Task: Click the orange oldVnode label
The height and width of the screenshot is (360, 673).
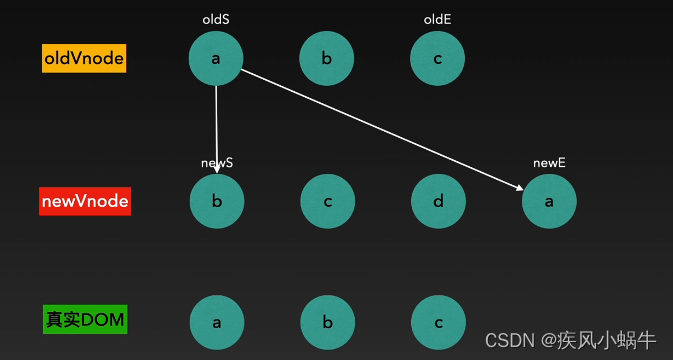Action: [84, 59]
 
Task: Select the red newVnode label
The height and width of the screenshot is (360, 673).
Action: [85, 201]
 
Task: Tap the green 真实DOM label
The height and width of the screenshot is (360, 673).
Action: [85, 320]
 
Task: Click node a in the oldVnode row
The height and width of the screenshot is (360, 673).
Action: [216, 59]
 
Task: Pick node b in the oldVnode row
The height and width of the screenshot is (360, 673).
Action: [327, 59]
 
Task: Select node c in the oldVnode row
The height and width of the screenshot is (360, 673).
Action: [438, 59]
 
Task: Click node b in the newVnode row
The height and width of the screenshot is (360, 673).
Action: [217, 201]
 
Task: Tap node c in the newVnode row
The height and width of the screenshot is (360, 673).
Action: [327, 201]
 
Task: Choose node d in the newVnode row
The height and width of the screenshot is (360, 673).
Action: [438, 201]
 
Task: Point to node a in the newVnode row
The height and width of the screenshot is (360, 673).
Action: [549, 201]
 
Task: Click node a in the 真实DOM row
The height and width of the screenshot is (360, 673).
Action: [217, 323]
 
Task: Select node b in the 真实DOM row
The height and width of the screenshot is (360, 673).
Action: [327, 323]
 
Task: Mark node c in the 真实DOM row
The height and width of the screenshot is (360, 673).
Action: [438, 323]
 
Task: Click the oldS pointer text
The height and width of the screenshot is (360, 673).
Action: [216, 19]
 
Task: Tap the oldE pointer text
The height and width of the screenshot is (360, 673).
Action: [438, 19]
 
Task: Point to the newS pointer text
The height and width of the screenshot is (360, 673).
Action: [217, 162]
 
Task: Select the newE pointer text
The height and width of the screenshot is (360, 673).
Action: [549, 162]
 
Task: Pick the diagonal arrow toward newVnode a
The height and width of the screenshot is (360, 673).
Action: [380, 128]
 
